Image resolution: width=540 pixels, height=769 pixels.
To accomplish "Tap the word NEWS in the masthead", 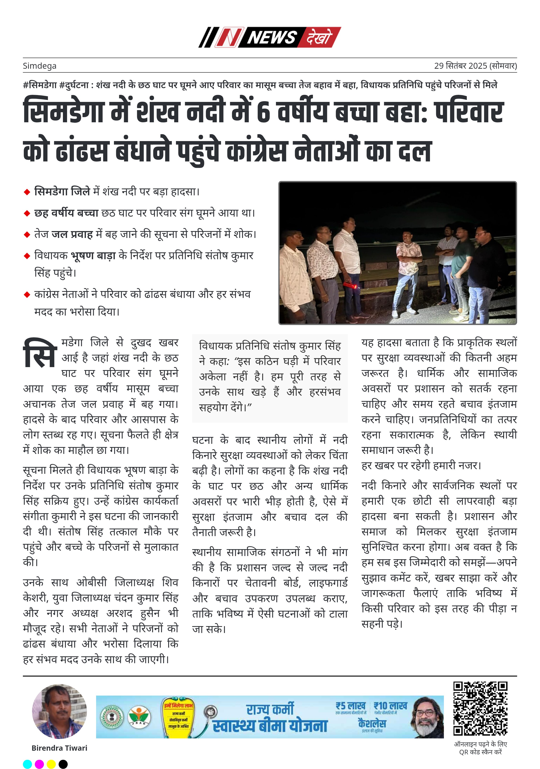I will (272, 37).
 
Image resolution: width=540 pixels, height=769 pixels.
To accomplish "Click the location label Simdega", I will (40, 66).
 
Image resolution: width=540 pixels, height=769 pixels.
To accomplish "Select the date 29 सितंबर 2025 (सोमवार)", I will (475, 66).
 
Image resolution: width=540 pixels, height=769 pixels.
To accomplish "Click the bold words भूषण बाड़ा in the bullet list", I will (93, 256).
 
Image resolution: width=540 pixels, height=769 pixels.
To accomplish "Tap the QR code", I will (480, 708).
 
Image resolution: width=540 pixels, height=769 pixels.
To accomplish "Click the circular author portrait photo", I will (59, 711).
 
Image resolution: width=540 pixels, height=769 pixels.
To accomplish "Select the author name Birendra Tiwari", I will (59, 748).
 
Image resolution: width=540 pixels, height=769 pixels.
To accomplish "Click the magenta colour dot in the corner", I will (39, 764).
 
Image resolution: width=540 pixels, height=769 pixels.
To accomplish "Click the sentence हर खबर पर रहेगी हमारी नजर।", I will (421, 466).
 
